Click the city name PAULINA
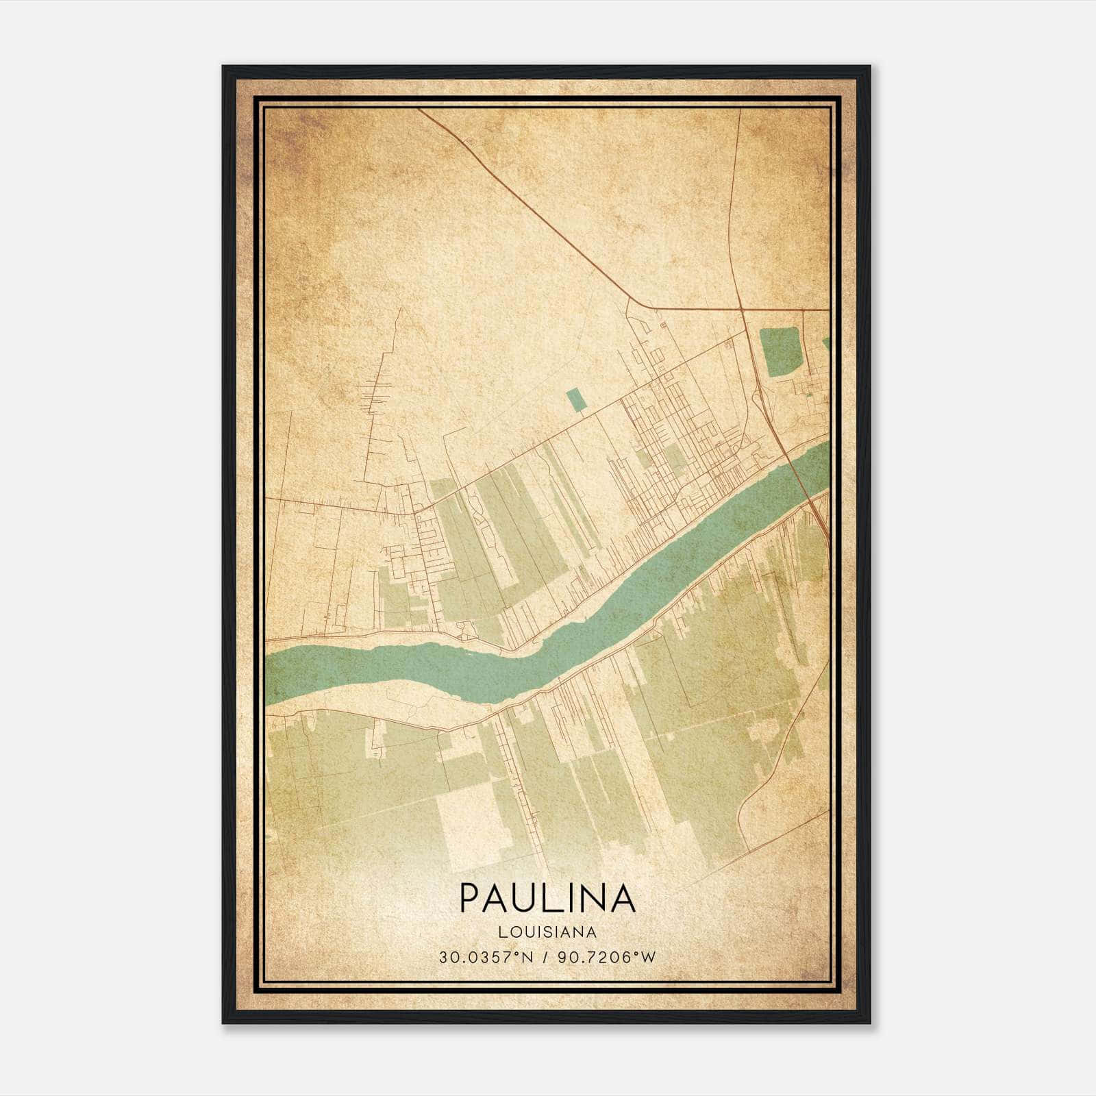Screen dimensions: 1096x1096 pyautogui.click(x=547, y=898)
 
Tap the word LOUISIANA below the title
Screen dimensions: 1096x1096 pyautogui.click(x=547, y=932)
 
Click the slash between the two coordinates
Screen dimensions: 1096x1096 pyautogui.click(x=545, y=957)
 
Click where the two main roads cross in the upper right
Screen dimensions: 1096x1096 pyautogui.click(x=743, y=310)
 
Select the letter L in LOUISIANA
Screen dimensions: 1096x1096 pyautogui.click(x=503, y=932)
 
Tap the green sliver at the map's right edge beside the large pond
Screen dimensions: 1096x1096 pyautogui.click(x=826, y=343)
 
